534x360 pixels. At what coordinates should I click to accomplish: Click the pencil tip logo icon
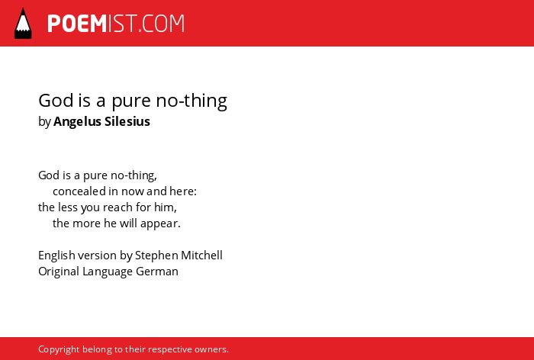tap(23, 23)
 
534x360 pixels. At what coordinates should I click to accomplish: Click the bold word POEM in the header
tap(77, 24)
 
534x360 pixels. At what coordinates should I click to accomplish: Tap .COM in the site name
tap(162, 24)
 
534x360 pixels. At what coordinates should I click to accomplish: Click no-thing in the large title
tap(191, 101)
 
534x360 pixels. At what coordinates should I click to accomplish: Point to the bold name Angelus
tap(77, 122)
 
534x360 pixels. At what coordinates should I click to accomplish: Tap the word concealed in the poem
tap(79, 191)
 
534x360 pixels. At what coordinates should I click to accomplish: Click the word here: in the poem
tap(183, 191)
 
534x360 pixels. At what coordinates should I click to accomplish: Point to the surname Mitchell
tap(201, 255)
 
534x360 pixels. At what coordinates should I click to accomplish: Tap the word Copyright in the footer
tap(59, 349)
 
